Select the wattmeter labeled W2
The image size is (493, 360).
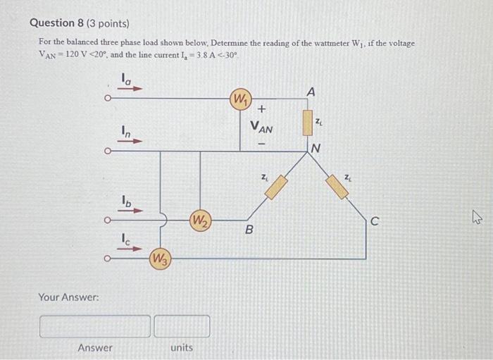point(200,220)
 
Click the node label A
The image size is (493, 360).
point(311,91)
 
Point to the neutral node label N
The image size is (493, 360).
point(316,148)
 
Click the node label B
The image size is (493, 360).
point(249,230)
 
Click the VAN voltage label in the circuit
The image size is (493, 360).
point(261,129)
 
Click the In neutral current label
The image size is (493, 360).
point(125,131)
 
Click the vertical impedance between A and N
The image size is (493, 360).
point(307,121)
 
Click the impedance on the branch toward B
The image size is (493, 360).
point(276,187)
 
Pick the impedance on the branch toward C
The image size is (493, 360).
point(338,186)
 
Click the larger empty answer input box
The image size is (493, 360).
point(95,326)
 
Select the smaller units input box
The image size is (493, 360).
point(182,326)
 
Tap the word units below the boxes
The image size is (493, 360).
point(182,348)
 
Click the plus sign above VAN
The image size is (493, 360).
point(261,110)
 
